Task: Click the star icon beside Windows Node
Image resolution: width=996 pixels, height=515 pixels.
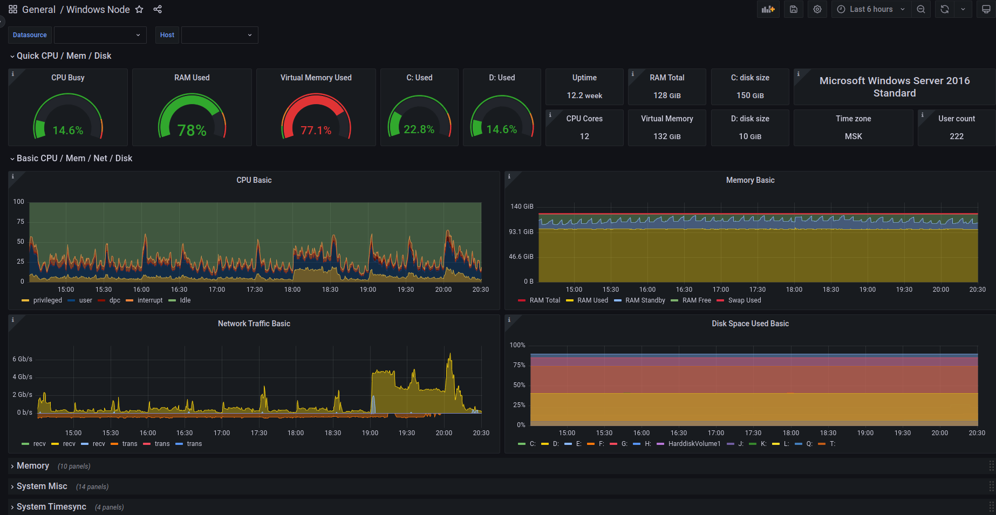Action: point(139,9)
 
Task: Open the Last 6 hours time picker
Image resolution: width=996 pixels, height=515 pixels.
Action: point(871,9)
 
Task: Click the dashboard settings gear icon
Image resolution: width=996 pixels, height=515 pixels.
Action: point(817,9)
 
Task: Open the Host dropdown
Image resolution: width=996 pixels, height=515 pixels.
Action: point(220,35)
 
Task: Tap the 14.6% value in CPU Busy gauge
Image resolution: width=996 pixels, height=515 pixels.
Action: point(68,131)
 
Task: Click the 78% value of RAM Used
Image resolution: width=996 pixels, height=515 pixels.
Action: point(192,131)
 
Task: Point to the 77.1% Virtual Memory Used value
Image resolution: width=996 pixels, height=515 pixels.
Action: point(316,131)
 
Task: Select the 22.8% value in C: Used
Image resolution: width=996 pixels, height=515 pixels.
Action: point(419,129)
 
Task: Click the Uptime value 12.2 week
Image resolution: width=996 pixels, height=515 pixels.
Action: point(584,95)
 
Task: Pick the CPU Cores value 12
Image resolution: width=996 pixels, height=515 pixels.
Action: point(584,136)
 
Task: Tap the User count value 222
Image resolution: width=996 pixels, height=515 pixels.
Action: point(957,136)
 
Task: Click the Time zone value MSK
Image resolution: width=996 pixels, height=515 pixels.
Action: point(854,136)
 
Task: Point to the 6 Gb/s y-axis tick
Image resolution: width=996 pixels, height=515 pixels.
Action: point(23,359)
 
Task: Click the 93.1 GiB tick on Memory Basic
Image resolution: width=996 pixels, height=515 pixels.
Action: point(521,232)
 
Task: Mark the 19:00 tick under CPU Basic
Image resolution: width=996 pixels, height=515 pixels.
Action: point(368,290)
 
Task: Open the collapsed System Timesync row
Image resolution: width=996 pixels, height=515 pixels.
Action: point(51,507)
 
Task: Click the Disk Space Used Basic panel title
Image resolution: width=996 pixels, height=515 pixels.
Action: point(750,324)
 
